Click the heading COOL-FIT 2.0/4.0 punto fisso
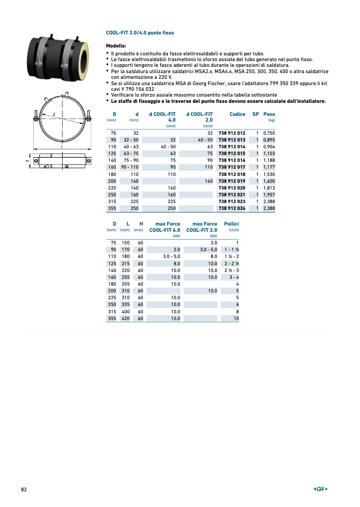(x=140, y=33)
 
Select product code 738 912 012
(x=232, y=133)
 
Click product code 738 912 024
(x=232, y=208)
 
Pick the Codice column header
(x=237, y=114)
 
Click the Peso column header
(x=269, y=114)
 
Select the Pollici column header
(x=231, y=224)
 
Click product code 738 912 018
(x=232, y=174)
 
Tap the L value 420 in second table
(x=126, y=317)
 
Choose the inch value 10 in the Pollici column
(x=236, y=317)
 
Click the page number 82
(x=24, y=489)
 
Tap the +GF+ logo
(x=320, y=489)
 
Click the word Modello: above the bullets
(x=116, y=46)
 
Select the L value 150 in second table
(x=126, y=243)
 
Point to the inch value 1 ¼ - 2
(x=231, y=256)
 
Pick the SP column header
(x=256, y=114)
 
